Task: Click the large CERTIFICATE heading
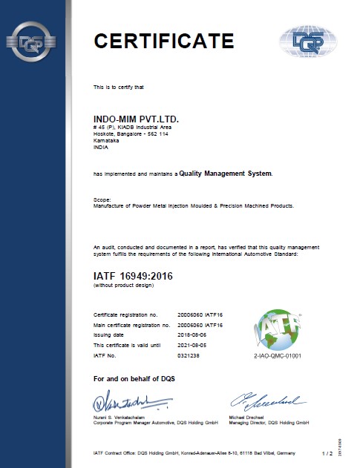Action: [x=163, y=40]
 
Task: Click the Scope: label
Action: [x=102, y=200]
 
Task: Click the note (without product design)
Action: [x=124, y=286]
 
